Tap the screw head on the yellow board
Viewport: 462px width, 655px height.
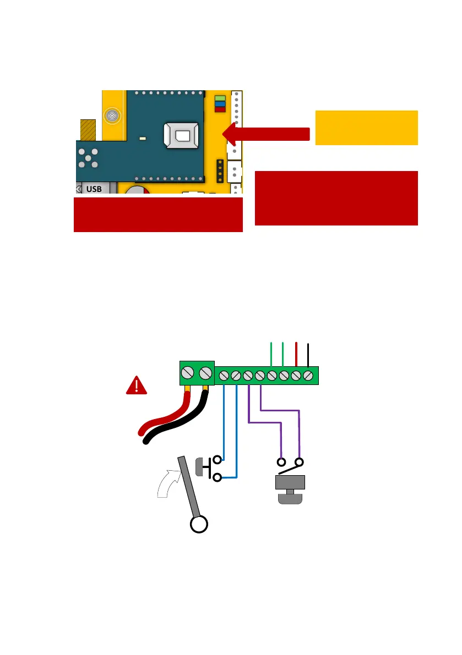[x=112, y=115]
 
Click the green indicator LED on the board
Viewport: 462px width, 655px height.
[x=220, y=98]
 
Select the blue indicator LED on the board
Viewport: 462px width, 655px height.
[x=220, y=103]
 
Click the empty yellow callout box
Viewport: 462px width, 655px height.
[x=366, y=128]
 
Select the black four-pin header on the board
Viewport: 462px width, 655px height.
[x=219, y=171]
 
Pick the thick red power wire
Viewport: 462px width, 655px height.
[x=160, y=415]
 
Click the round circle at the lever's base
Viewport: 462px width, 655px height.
[x=198, y=525]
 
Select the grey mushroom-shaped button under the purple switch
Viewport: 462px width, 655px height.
[x=290, y=489]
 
